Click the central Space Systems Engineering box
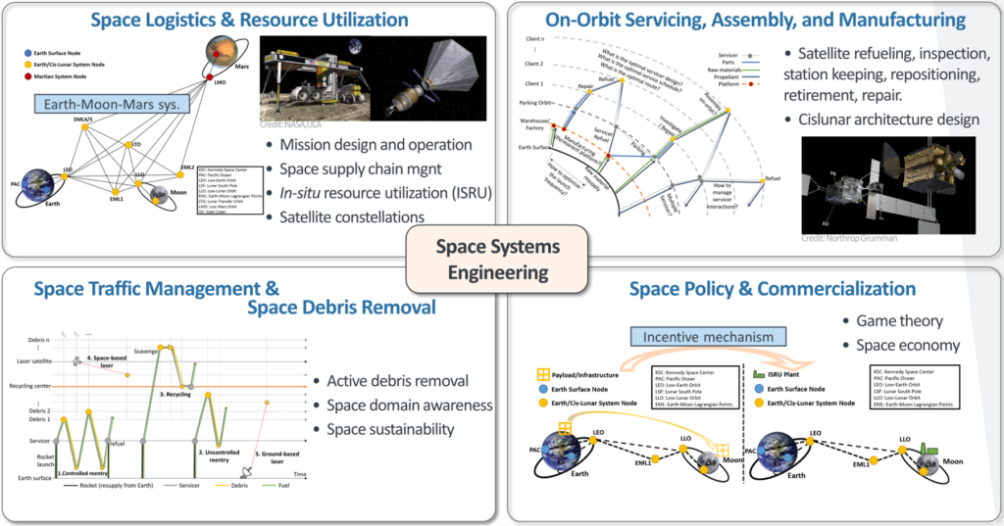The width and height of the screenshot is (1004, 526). coord(499,257)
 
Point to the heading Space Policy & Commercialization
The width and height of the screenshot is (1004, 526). coord(773,288)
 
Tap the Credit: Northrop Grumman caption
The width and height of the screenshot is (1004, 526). coord(850,238)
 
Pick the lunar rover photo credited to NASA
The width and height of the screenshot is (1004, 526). coord(313,81)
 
